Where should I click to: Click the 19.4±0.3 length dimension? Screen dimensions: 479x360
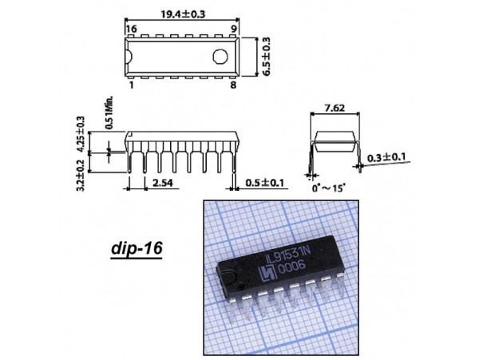(x=183, y=14)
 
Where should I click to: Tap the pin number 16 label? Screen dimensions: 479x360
(x=132, y=29)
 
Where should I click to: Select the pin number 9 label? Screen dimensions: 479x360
(x=234, y=29)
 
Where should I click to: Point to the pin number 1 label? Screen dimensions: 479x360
(x=132, y=85)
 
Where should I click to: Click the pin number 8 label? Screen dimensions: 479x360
(x=233, y=85)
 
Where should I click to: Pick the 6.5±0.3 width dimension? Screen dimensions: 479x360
(x=267, y=57)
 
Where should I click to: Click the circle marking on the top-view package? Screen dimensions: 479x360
(x=220, y=57)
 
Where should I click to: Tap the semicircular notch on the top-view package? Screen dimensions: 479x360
(x=129, y=57)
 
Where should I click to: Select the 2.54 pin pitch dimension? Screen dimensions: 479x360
(x=163, y=183)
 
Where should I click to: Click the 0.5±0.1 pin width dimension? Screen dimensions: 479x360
(x=265, y=183)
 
